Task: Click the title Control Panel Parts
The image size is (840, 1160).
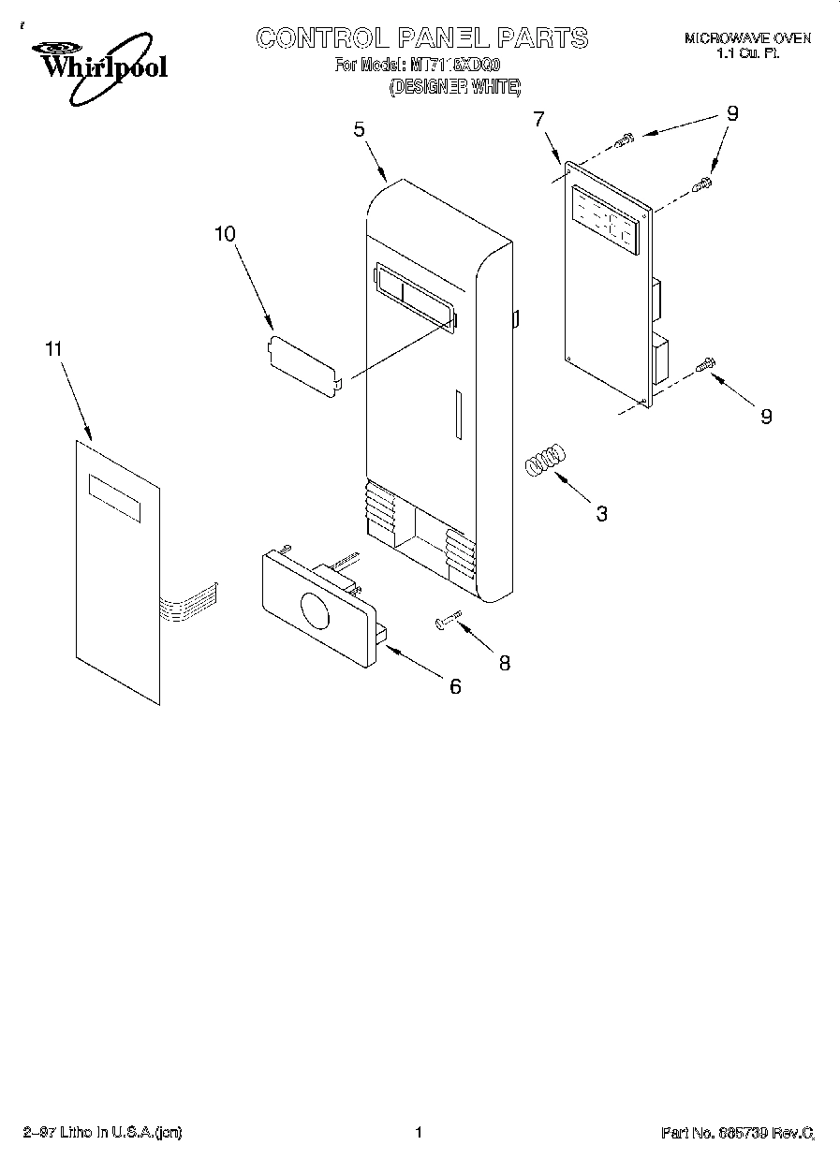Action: pos(422,37)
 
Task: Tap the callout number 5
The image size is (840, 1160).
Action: pos(360,131)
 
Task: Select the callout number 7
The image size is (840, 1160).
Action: pos(538,119)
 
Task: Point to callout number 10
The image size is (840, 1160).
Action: pos(226,234)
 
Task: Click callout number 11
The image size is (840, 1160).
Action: pos(54,348)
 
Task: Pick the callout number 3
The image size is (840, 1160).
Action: pos(602,513)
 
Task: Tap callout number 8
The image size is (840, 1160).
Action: pos(505,663)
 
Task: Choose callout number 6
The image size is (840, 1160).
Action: pos(455,686)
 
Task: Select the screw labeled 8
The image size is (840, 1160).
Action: pos(449,620)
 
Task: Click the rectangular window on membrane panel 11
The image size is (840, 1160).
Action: pos(114,497)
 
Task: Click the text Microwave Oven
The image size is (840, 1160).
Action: pos(747,38)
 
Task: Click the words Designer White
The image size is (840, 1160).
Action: pos(454,85)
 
